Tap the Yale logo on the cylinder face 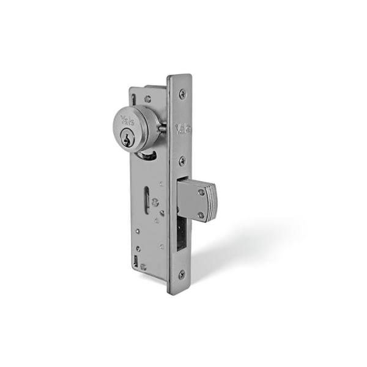pyautogui.click(x=127, y=120)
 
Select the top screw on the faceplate pyautogui.click(x=182, y=94)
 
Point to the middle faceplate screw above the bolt pyautogui.click(x=182, y=161)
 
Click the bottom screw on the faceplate pyautogui.click(x=182, y=274)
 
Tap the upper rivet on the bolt pyautogui.click(x=201, y=193)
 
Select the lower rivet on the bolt pyautogui.click(x=201, y=215)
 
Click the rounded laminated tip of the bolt pyautogui.click(x=212, y=202)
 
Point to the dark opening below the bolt pyautogui.click(x=181, y=234)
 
